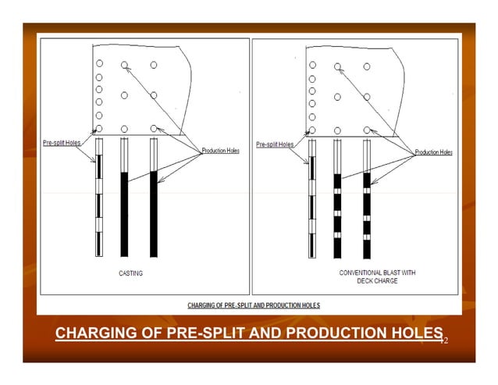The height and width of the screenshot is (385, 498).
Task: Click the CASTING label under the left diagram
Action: pyautogui.click(x=130, y=273)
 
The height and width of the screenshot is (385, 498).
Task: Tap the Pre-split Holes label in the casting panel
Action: pyautogui.click(x=60, y=144)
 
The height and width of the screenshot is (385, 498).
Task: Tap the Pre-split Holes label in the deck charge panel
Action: pyautogui.click(x=275, y=144)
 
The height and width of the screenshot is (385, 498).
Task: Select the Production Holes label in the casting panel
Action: pyautogui.click(x=221, y=150)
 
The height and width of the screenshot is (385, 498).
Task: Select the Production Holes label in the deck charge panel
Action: pyautogui.click(x=433, y=152)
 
